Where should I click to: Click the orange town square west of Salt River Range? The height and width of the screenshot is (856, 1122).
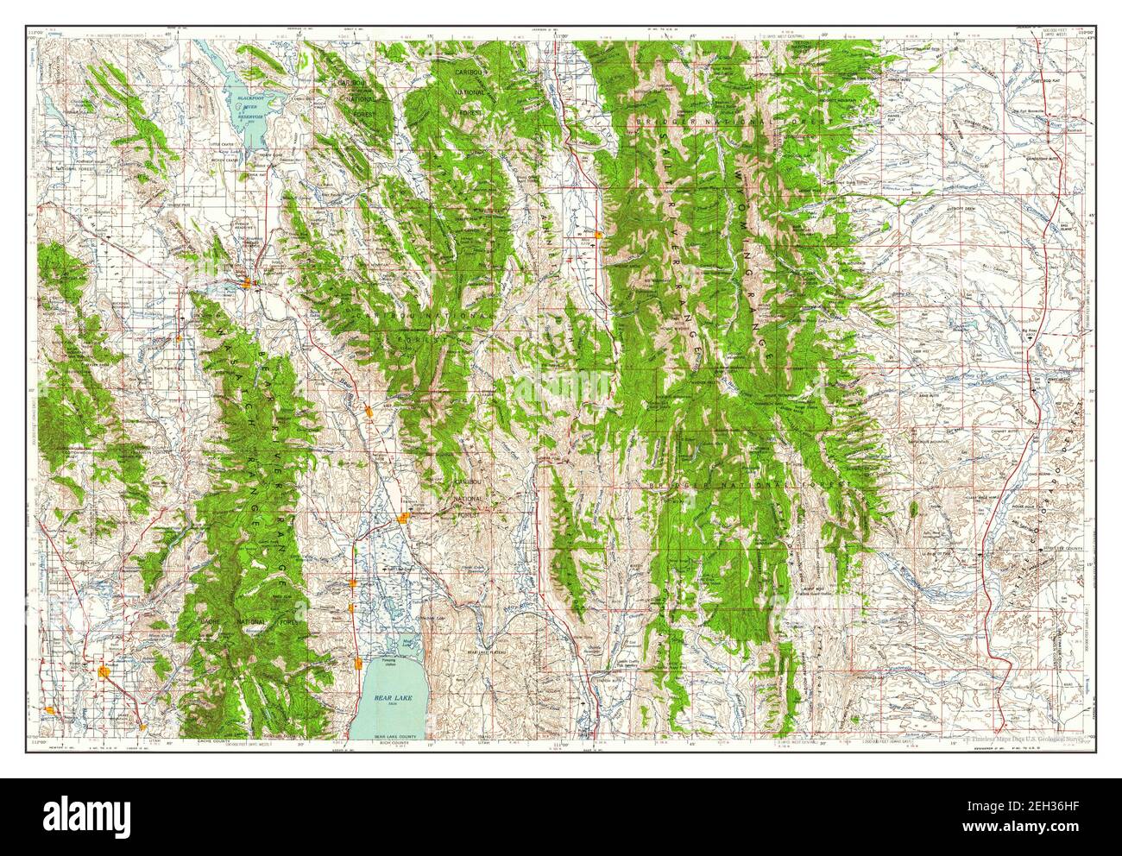pos(598,234)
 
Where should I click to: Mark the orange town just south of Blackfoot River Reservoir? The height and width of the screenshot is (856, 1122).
pos(247,282)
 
